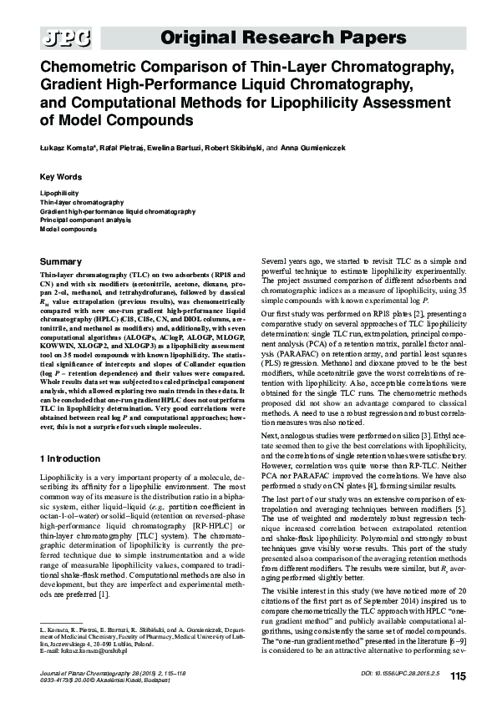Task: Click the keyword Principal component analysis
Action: point(79,220)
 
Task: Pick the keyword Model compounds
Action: point(68,228)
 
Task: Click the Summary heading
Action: point(61,262)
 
